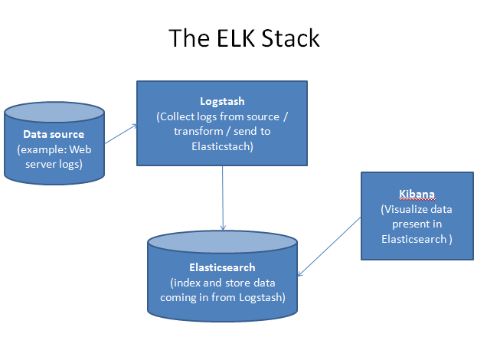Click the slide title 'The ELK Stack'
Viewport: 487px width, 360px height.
pos(243,38)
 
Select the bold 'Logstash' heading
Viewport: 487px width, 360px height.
pos(222,101)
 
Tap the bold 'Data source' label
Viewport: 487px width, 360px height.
pos(54,134)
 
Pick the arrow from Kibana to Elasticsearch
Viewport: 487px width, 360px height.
pos(329,246)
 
